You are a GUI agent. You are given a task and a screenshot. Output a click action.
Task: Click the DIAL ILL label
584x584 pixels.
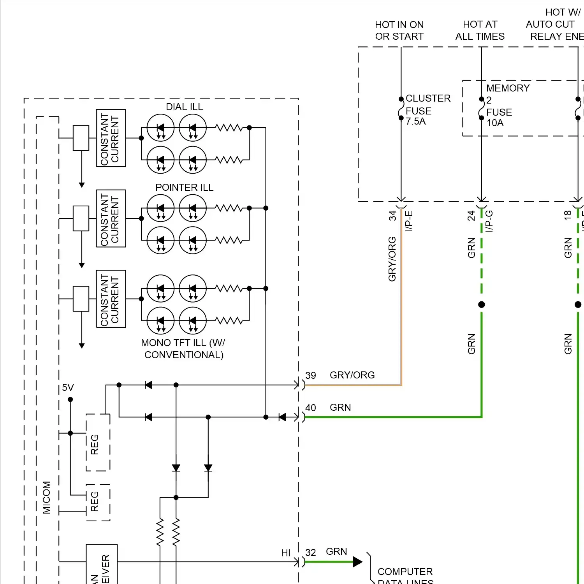click(x=184, y=107)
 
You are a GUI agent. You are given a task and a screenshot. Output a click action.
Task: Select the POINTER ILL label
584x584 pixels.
click(x=184, y=188)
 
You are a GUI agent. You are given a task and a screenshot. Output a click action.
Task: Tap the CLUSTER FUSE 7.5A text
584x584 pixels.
click(x=427, y=110)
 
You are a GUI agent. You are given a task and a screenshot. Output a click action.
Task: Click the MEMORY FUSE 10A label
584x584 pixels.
click(x=506, y=106)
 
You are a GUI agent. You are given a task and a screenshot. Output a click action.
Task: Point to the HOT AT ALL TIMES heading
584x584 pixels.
click(x=480, y=30)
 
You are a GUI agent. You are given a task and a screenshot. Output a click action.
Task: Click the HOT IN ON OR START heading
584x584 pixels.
click(x=399, y=30)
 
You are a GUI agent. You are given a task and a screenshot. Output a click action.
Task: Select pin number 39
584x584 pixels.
click(x=311, y=375)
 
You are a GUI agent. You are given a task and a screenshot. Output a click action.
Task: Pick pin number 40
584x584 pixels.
click(x=311, y=408)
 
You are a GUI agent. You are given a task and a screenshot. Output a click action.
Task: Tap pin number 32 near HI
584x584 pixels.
click(x=311, y=552)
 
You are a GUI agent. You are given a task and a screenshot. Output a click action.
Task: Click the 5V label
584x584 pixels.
click(x=68, y=387)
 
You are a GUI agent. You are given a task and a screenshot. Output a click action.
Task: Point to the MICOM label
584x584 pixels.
click(x=47, y=497)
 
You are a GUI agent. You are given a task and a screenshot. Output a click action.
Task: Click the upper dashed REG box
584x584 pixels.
click(x=98, y=443)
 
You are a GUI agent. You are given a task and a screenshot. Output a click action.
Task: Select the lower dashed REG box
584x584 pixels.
click(x=98, y=503)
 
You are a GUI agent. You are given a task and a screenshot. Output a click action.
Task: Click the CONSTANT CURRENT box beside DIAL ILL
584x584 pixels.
click(x=111, y=138)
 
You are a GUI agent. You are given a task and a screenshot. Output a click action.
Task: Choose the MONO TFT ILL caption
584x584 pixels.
click(x=183, y=349)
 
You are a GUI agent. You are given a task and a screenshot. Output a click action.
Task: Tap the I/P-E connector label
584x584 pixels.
click(x=409, y=221)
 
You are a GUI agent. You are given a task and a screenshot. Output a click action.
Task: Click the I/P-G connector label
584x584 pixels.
click(x=489, y=221)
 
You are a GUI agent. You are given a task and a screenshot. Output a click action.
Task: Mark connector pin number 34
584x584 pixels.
click(x=392, y=216)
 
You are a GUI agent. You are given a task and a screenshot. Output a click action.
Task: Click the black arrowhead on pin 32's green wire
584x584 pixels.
click(x=357, y=562)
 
